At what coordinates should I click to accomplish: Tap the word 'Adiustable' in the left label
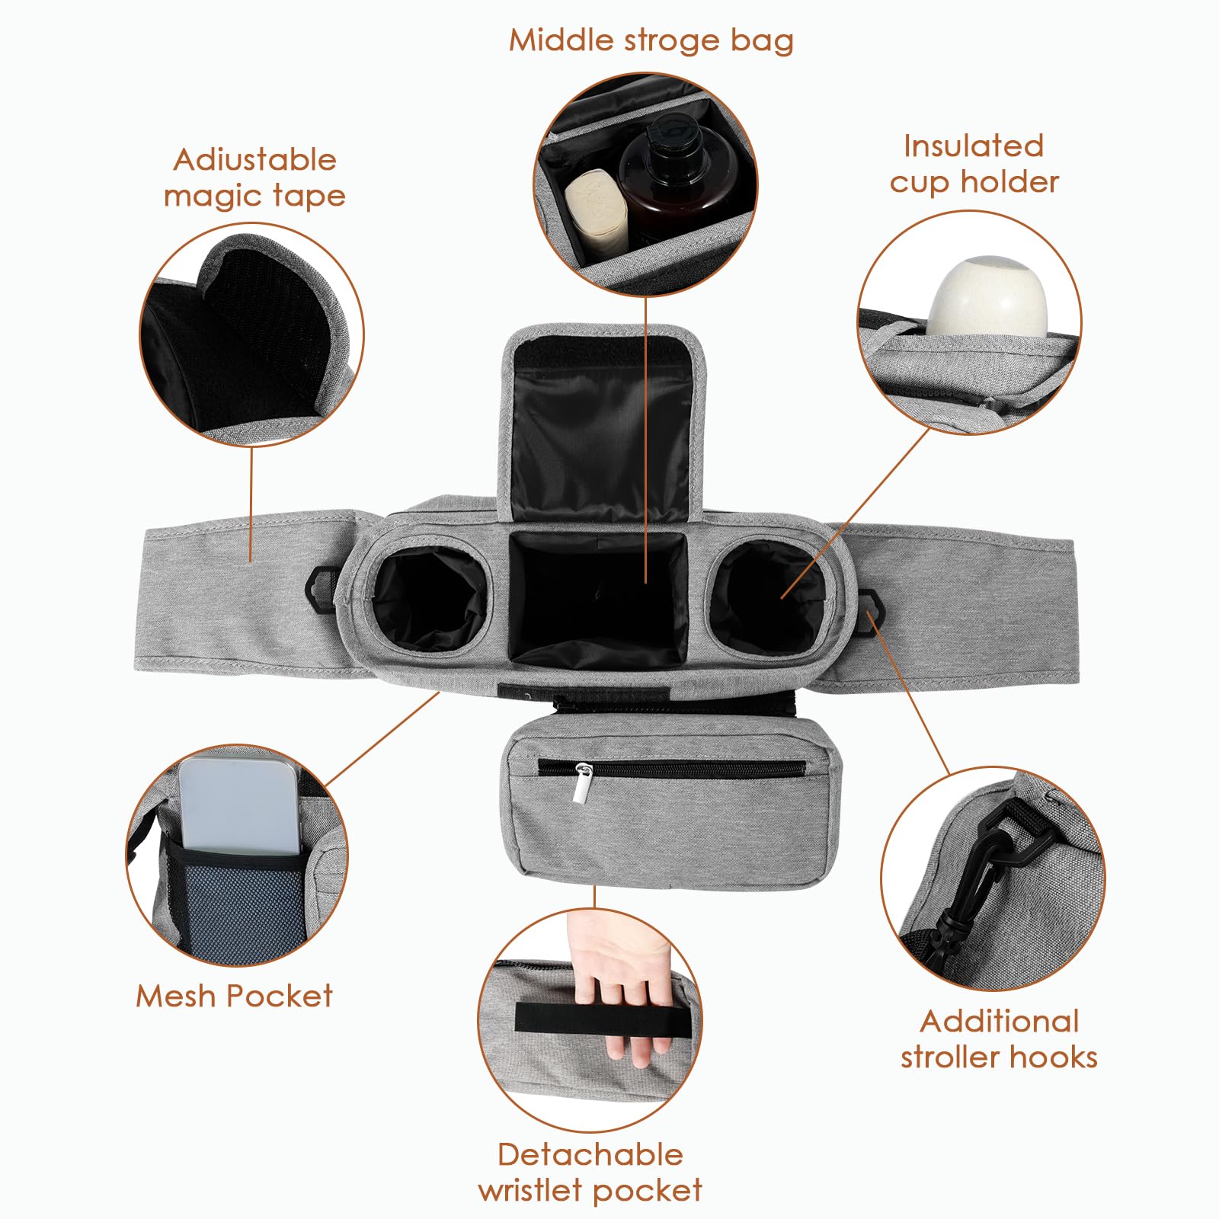[254, 160]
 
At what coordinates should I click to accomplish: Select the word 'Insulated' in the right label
[973, 146]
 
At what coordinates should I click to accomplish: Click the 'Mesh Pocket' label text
[235, 997]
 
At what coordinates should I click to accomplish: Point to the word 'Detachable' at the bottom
[590, 1154]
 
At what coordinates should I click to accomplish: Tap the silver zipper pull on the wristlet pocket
[583, 783]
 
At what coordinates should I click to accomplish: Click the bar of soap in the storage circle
[596, 213]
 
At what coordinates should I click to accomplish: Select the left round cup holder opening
[430, 597]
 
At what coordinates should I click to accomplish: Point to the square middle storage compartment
[599, 599]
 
